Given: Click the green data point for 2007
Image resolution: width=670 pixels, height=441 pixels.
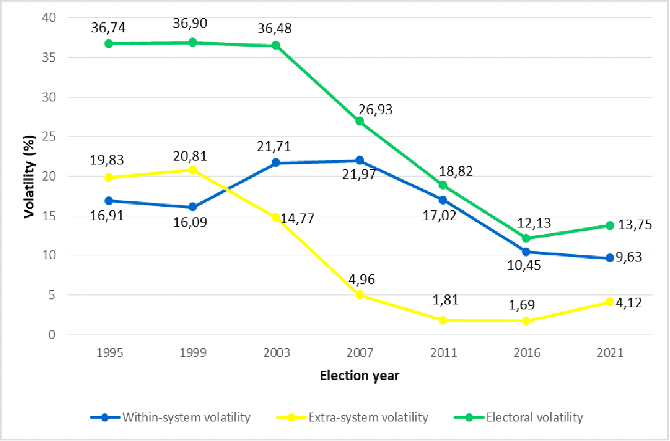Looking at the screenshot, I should click(359, 121).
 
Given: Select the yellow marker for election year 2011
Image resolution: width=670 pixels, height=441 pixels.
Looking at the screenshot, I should click(442, 320).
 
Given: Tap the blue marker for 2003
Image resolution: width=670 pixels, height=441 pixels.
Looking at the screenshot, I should click(276, 163).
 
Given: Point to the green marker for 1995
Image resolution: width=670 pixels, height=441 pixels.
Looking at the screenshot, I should click(109, 43).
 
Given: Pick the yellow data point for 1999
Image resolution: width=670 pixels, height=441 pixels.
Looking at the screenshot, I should click(192, 169).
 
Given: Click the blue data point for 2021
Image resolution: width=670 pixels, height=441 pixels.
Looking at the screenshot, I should click(609, 258).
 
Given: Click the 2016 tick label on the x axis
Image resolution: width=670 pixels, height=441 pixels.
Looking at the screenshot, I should click(526, 353).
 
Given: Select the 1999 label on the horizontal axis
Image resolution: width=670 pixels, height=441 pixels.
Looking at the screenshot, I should click(192, 353).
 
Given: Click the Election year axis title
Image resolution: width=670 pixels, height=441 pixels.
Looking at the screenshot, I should click(359, 376).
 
